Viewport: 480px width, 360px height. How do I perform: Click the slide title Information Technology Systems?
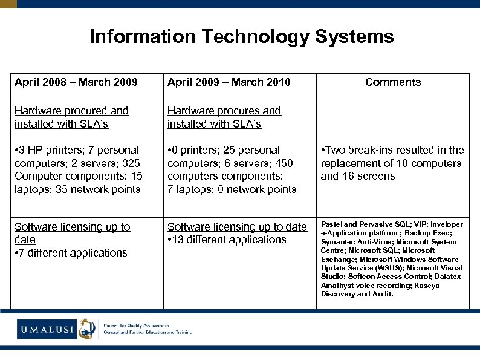242,37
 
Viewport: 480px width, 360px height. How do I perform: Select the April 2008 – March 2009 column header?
76,82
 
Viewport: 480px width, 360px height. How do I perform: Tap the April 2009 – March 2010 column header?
229,82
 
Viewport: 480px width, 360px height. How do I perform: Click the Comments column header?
393,82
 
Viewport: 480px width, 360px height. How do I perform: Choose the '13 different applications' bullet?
229,240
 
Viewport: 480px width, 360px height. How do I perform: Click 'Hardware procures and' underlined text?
224,111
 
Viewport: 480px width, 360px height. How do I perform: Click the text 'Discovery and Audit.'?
357,294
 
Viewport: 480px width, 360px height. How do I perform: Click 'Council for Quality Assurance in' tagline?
138,325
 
